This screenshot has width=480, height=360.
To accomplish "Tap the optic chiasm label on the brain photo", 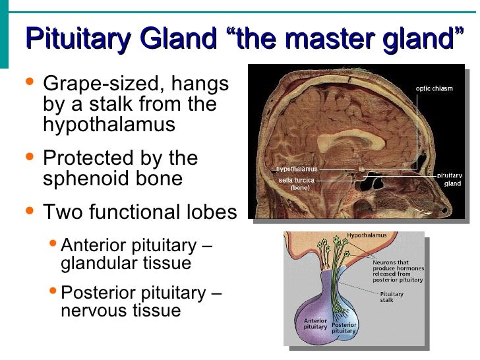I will click(434, 88).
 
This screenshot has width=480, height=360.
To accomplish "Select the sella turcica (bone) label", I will click(296, 183).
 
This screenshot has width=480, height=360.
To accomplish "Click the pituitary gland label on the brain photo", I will click(452, 179).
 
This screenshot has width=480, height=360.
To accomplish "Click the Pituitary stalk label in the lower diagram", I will click(392, 297).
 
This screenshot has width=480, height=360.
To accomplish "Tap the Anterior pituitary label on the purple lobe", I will click(315, 324).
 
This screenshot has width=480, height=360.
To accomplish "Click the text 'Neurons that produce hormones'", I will click(398, 266).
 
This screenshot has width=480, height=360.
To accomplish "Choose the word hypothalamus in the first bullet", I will click(109, 125).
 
